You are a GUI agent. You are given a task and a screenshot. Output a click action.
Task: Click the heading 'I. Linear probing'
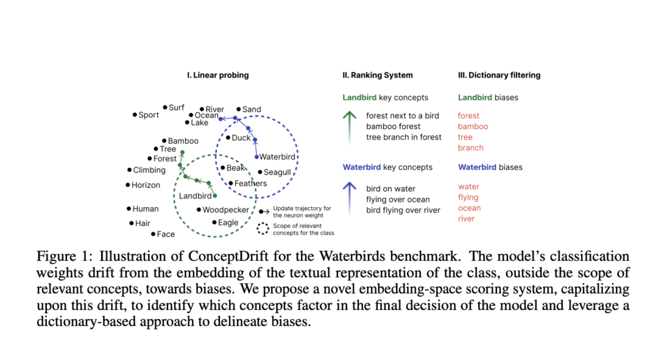218,76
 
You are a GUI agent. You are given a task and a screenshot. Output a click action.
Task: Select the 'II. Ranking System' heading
378,76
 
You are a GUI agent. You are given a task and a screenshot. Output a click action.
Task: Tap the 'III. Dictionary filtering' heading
499,76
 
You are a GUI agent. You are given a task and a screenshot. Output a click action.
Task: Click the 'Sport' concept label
149,115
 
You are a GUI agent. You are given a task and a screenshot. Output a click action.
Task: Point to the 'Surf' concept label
177,107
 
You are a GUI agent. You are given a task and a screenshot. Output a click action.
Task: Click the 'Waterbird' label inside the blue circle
277,157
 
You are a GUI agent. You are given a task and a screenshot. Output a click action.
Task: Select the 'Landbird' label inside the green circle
195,196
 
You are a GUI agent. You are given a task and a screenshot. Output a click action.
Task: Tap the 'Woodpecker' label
225,210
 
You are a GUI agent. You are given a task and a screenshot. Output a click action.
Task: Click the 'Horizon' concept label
145,185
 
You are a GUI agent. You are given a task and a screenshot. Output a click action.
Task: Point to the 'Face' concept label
165,234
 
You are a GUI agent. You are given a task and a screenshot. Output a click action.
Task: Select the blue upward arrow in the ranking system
350,198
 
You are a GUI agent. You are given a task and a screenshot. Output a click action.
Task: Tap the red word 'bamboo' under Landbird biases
473,126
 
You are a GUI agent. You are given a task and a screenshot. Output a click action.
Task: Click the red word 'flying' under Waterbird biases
468,197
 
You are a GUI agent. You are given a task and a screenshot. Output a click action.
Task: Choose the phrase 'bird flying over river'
403,210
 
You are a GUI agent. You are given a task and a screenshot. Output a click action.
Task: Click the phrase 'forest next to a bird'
403,116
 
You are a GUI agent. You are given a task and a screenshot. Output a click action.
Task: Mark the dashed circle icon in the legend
263,228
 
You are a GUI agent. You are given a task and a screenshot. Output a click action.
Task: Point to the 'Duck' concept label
241,138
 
